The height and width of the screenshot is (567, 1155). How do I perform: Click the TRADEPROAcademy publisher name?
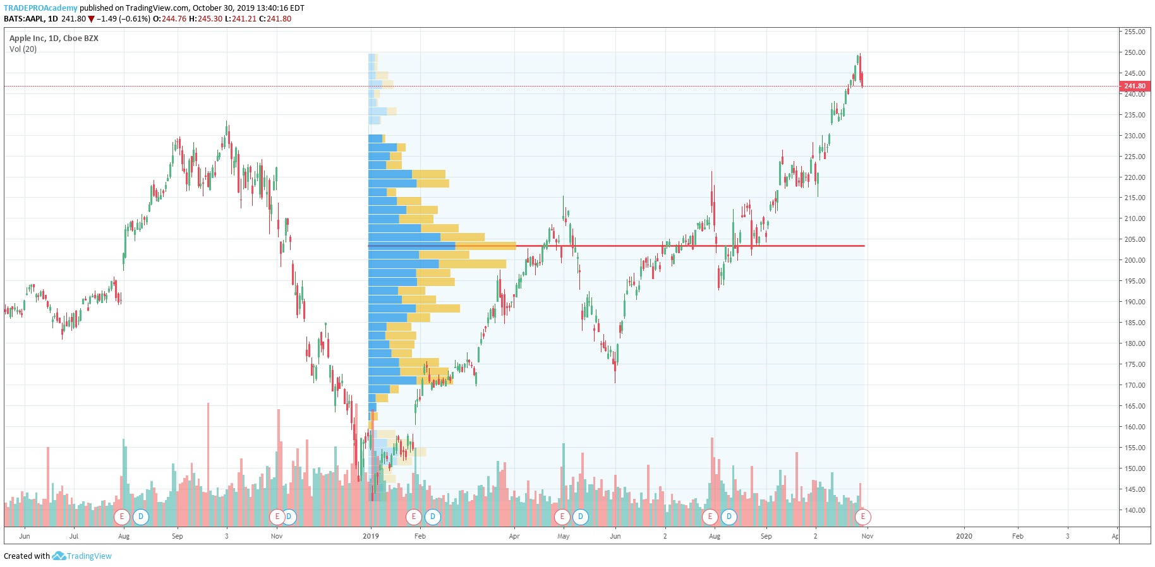click(40, 8)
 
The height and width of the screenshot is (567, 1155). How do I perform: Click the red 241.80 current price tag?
click(1134, 86)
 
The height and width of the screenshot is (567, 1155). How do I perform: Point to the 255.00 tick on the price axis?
click(1134, 32)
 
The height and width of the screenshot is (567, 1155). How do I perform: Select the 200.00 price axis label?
click(1134, 260)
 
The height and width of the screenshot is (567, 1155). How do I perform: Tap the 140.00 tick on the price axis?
click(1134, 510)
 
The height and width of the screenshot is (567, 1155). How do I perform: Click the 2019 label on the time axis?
click(371, 536)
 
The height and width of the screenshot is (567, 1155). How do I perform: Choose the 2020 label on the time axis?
click(964, 536)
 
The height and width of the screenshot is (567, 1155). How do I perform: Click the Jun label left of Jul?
click(25, 536)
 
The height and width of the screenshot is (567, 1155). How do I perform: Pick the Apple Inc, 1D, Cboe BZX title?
click(54, 38)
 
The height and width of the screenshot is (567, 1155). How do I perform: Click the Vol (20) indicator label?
click(23, 49)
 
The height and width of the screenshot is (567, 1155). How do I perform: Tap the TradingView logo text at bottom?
click(88, 556)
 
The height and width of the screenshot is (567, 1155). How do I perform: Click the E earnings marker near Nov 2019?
click(862, 516)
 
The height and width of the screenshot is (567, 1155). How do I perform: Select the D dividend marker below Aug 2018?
click(140, 516)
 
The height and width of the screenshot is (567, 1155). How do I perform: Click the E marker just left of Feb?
click(413, 516)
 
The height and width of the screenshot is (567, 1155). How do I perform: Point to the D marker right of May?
click(580, 516)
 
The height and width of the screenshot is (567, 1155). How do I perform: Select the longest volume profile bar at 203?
click(442, 246)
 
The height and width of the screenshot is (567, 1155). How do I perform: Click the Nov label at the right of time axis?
click(867, 536)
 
